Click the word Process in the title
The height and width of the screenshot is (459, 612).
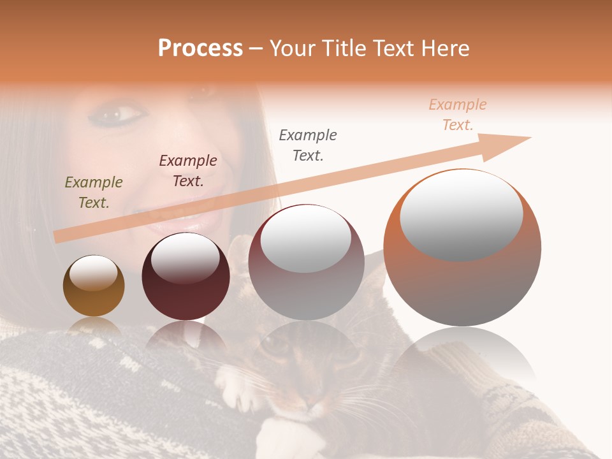pos(200,48)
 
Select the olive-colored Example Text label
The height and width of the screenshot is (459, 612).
pos(94,193)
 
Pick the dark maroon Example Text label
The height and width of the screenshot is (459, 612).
pos(187,171)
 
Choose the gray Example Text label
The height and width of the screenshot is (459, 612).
pos(308,145)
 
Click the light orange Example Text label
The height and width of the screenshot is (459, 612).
pos(457,115)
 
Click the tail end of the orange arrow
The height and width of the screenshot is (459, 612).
pos(59,237)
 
